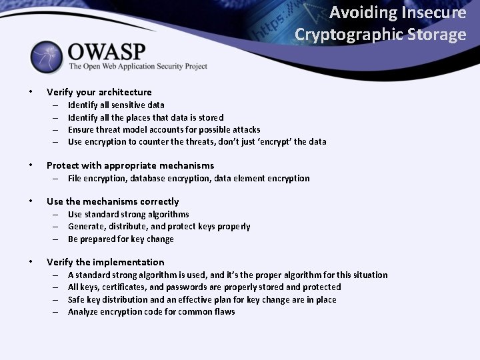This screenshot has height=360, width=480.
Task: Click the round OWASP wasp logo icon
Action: point(46,58)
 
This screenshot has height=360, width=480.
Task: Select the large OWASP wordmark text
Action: point(106,51)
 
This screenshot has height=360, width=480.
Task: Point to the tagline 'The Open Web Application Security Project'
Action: point(138,67)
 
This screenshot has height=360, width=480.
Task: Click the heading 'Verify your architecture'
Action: point(99,92)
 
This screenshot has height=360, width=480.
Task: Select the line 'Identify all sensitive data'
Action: point(116,105)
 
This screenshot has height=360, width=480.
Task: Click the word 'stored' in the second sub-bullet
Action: point(211,117)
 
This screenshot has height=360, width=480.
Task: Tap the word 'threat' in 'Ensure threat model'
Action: point(113,129)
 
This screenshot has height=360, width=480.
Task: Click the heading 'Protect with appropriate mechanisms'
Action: point(130,165)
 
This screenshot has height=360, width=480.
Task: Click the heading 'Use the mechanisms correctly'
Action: point(113,201)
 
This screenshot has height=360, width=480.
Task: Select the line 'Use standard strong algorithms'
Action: point(128,214)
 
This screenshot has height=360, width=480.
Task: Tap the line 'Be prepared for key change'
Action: point(121,239)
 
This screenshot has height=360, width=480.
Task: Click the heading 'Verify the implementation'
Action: point(105,262)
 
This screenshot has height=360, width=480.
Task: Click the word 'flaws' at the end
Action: point(223,311)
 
